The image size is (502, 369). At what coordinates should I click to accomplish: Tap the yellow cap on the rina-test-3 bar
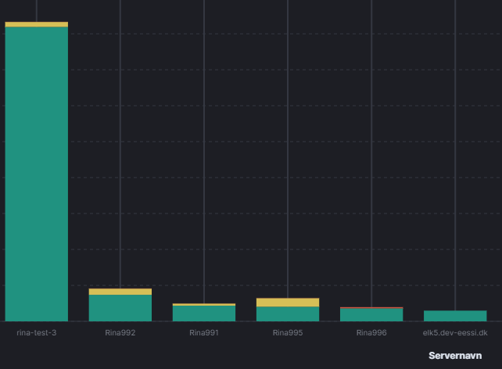[37, 24]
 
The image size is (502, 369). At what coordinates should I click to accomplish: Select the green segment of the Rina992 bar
[120, 307]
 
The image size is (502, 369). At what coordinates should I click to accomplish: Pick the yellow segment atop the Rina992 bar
[120, 292]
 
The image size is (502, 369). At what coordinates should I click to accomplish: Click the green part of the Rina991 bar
[204, 313]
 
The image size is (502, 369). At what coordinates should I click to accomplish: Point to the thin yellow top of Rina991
[204, 304]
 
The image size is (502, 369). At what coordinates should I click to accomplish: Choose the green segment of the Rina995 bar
[288, 313]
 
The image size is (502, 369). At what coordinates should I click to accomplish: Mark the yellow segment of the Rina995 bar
[288, 302]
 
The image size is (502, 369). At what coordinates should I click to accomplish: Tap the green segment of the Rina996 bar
[371, 314]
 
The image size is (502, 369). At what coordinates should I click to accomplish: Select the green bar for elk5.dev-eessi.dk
[455, 316]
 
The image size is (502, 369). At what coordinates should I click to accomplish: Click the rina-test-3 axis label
[37, 332]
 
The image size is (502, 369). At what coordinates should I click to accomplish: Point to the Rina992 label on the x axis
[120, 332]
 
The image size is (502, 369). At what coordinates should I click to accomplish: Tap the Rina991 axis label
[204, 332]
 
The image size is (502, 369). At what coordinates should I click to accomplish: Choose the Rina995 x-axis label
[288, 332]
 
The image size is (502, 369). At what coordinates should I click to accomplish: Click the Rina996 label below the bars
[371, 332]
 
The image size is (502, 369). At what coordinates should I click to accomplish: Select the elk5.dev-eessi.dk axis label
[455, 332]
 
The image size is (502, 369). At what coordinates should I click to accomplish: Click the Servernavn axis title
[455, 355]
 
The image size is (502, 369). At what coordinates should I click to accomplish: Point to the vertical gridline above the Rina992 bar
[120, 156]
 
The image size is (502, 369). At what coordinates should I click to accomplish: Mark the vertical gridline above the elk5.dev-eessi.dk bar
[455, 156]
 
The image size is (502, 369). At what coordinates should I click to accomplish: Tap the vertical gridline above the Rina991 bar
[204, 156]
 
